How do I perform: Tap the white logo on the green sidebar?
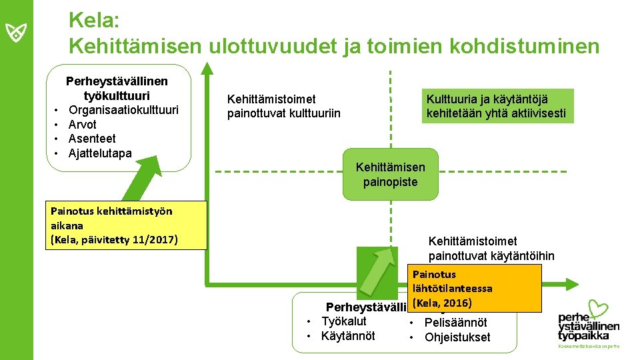(x=16, y=31)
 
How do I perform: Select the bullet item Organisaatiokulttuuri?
(x=123, y=110)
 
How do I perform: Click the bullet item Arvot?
(x=83, y=125)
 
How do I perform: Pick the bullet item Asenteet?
(x=92, y=139)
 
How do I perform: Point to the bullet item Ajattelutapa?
(x=100, y=153)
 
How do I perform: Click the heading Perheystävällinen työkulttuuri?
(x=117, y=88)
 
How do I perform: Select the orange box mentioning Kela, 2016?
(x=475, y=289)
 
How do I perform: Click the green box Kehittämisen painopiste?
(x=390, y=175)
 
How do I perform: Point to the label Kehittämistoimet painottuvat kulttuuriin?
(x=283, y=106)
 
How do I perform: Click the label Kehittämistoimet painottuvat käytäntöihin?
(x=491, y=248)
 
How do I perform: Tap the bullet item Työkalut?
(x=343, y=321)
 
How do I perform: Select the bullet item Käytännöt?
(x=348, y=335)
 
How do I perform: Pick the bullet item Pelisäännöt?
(x=456, y=323)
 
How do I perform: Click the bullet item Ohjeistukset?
(x=457, y=337)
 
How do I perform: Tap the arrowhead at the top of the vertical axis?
(x=207, y=68)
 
